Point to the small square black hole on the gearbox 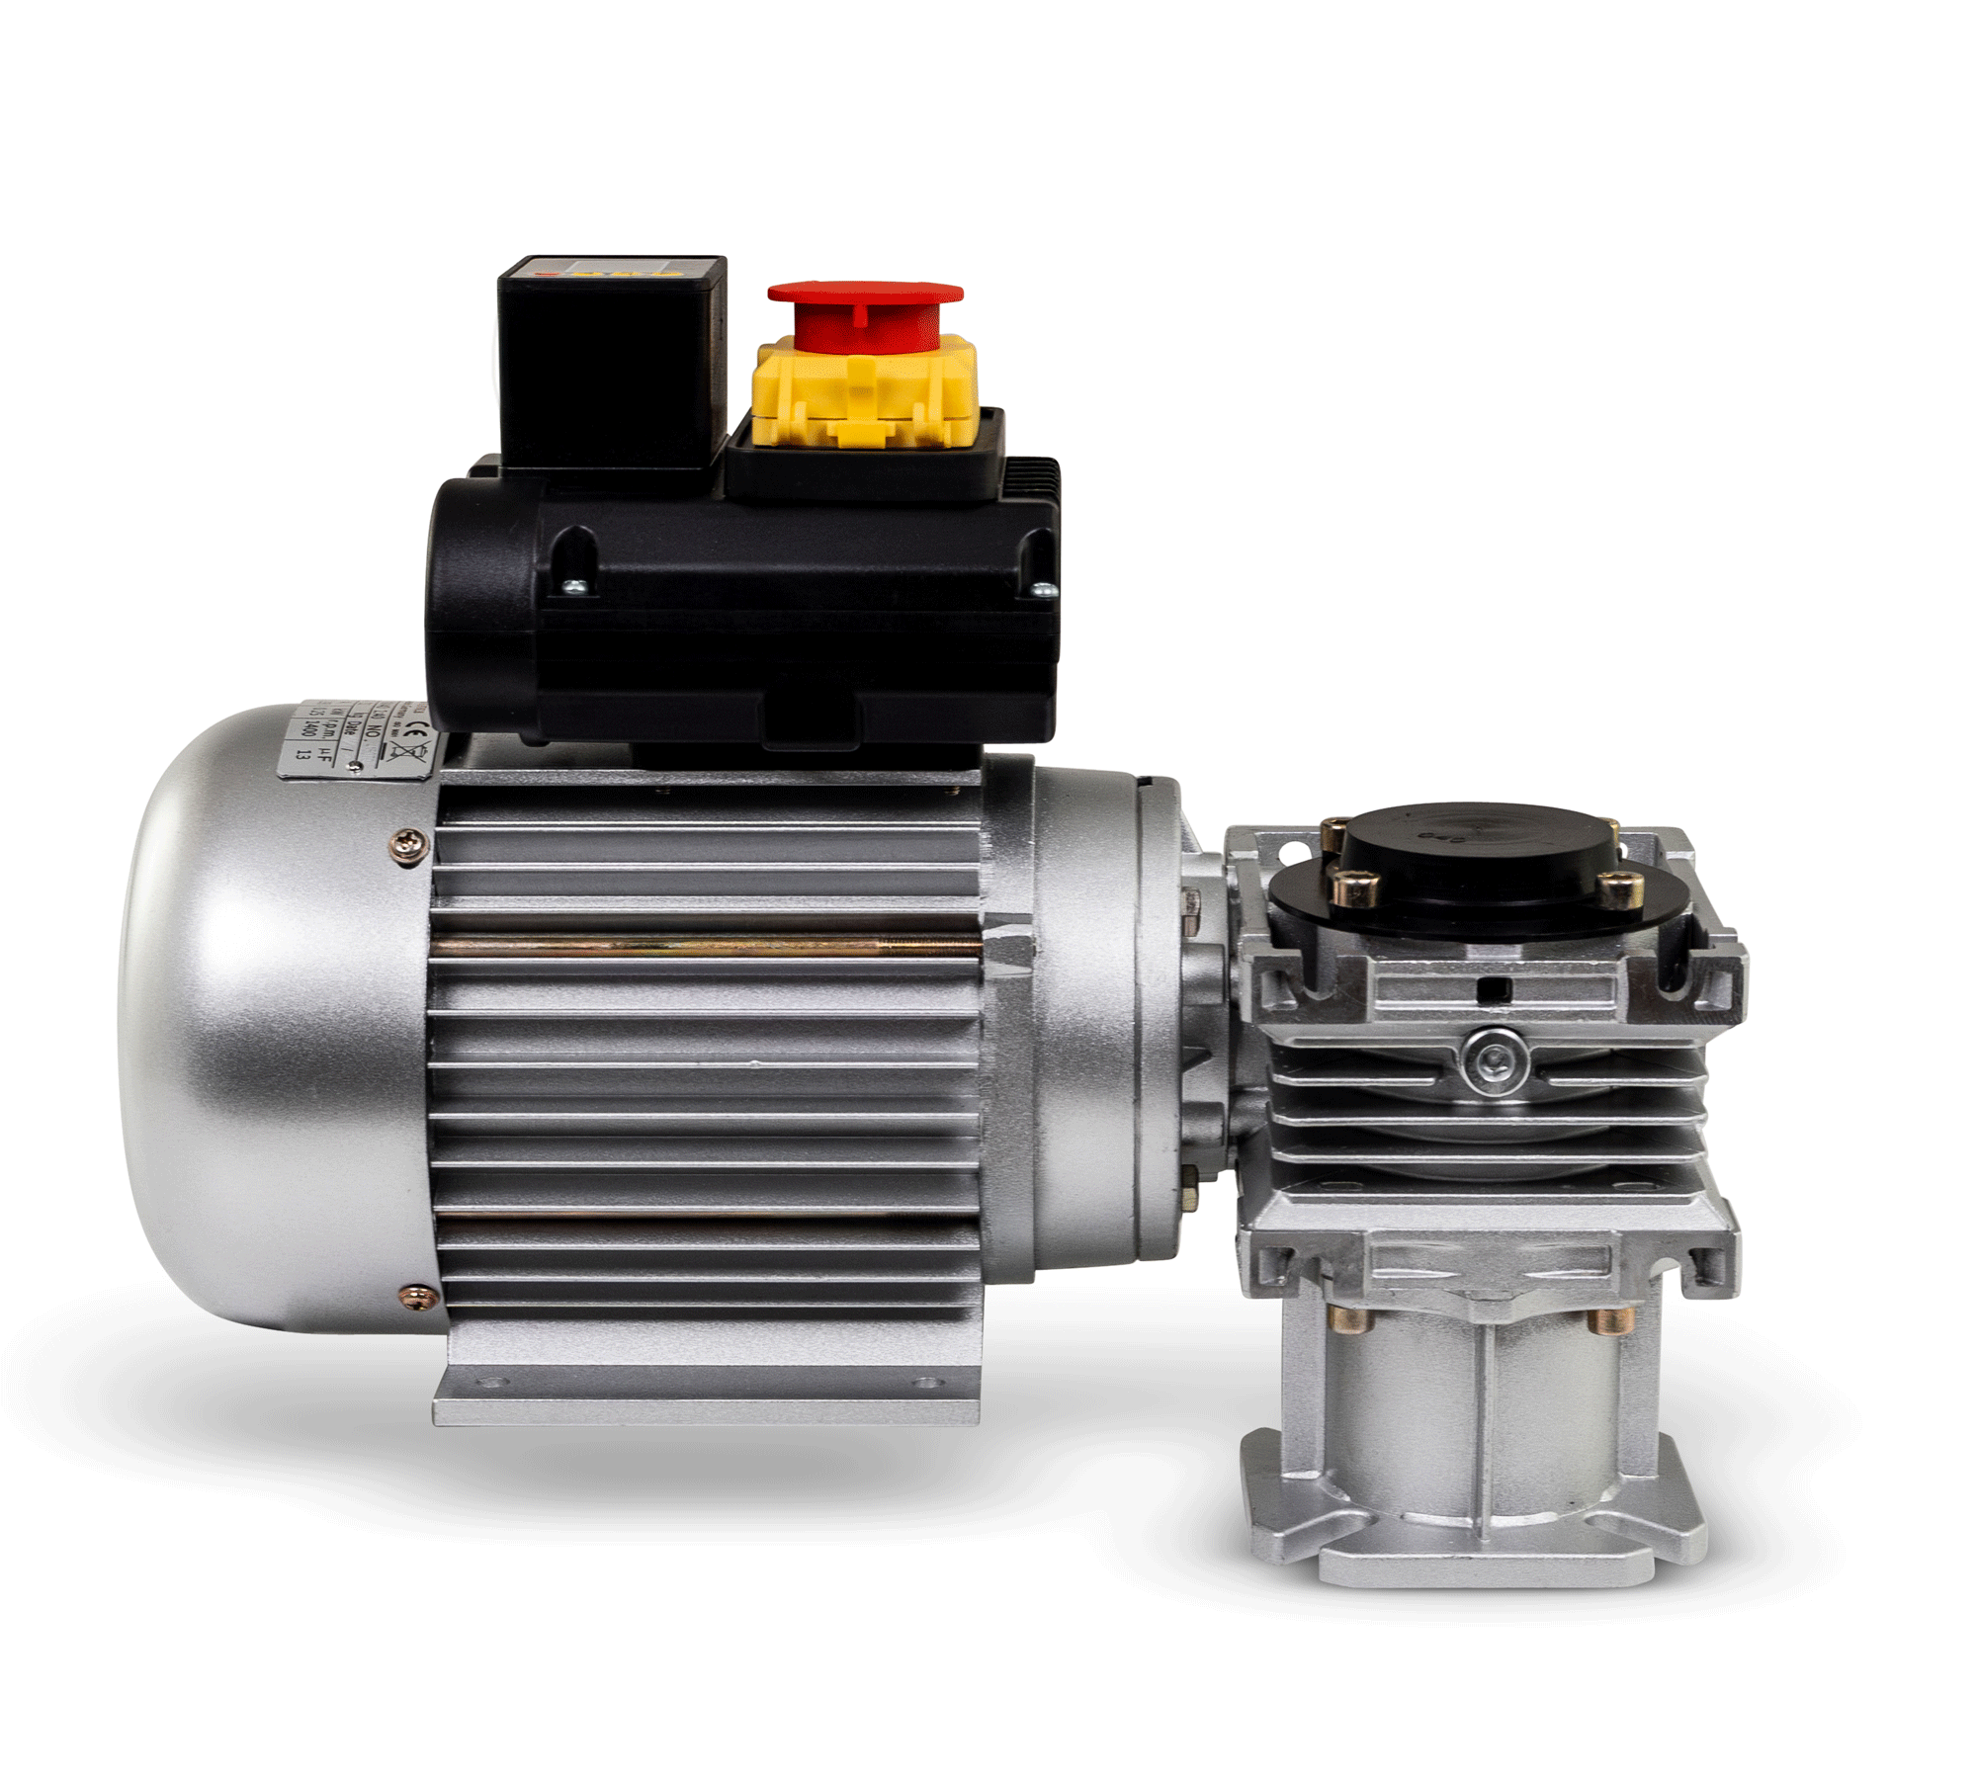pyautogui.click(x=1496, y=989)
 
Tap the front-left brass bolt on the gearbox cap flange pyautogui.click(x=1355, y=889)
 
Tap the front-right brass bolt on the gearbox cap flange pyautogui.click(x=1620, y=890)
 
